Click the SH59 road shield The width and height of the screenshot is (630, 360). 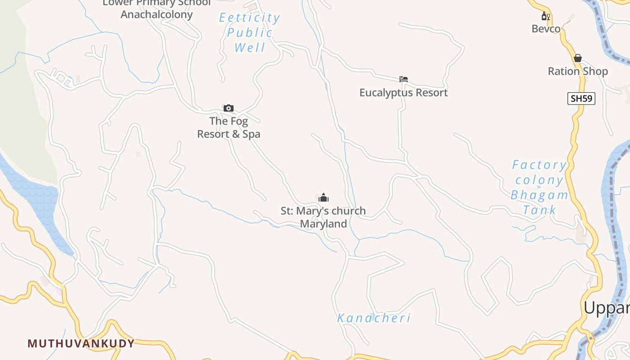(581, 98)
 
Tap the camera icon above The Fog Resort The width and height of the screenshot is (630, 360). (229, 108)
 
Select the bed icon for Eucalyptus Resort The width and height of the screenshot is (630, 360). (404, 79)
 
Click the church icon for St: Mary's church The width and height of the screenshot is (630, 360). (324, 198)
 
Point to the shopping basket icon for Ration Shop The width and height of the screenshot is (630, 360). (578, 58)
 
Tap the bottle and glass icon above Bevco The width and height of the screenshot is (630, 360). (546, 16)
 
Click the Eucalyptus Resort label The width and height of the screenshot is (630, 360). (404, 93)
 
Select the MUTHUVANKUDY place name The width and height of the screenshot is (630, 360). (81, 343)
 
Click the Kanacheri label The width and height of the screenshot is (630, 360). (374, 318)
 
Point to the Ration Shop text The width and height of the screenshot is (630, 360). (578, 71)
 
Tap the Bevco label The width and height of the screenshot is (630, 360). (546, 29)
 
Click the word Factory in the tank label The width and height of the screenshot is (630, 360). (539, 165)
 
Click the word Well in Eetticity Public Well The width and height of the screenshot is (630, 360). (250, 47)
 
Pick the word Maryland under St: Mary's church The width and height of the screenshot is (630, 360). (324, 224)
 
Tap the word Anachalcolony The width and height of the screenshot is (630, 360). (157, 14)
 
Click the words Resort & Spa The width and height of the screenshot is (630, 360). (229, 134)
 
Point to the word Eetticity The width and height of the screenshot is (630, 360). (249, 18)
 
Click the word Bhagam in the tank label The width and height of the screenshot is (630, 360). (539, 195)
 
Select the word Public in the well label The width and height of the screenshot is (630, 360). (250, 32)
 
